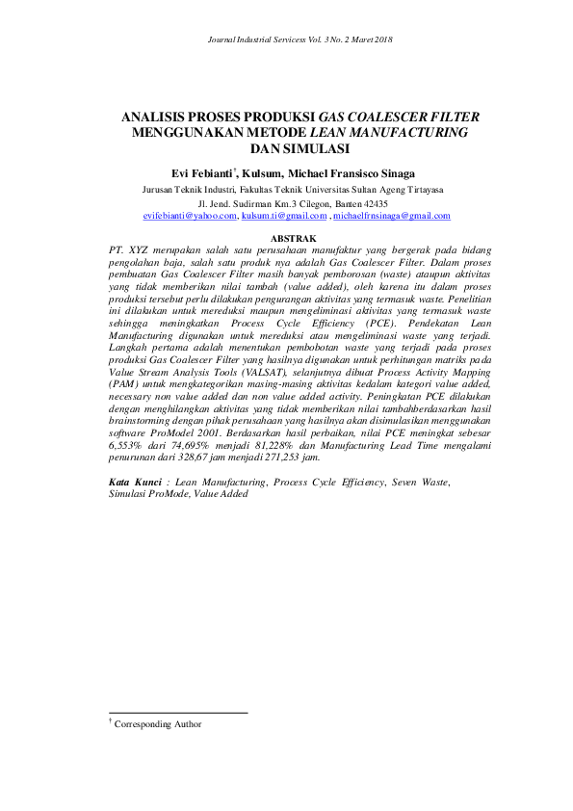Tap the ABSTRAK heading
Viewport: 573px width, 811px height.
(x=294, y=237)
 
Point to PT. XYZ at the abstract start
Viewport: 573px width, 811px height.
(x=125, y=249)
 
